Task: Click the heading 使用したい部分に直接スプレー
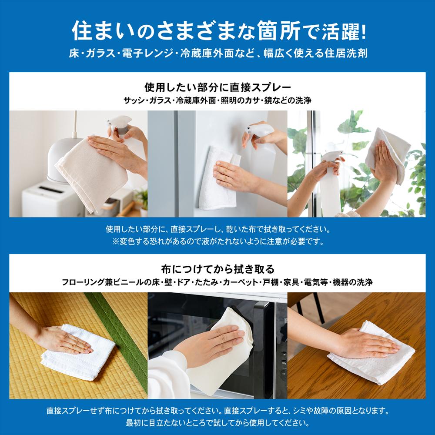[x=217, y=86]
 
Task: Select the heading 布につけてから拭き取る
[x=217, y=268]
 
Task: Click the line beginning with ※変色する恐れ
[x=217, y=241]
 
